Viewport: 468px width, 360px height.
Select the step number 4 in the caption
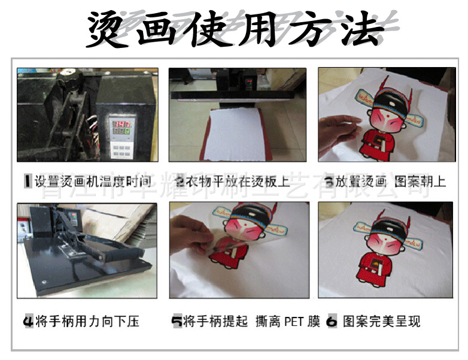28,321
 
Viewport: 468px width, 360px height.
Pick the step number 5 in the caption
177,321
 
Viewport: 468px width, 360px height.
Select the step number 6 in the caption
332,321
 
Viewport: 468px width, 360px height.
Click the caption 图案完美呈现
382,321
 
